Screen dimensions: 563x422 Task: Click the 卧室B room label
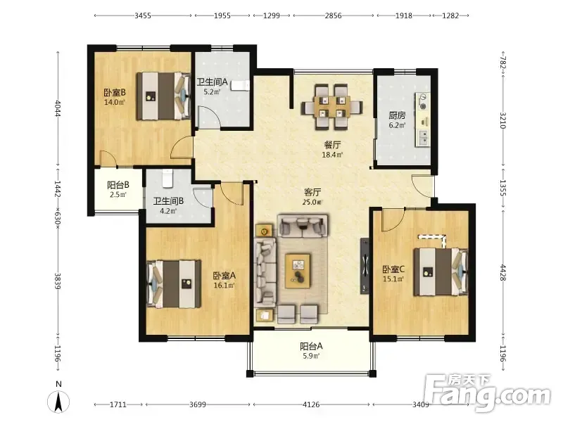pyautogui.click(x=115, y=93)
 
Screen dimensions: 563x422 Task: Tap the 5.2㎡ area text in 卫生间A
pyautogui.click(x=212, y=92)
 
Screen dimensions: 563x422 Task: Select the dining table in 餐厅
pyautogui.click(x=331, y=107)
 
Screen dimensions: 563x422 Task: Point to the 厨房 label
pyautogui.click(x=397, y=115)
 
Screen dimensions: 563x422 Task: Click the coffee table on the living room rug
pyautogui.click(x=298, y=271)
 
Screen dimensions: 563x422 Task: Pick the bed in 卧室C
pyautogui.click(x=441, y=271)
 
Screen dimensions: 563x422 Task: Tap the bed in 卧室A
pyautogui.click(x=174, y=284)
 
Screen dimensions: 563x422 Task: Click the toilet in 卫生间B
pyautogui.click(x=167, y=179)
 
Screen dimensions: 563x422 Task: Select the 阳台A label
pyautogui.click(x=311, y=346)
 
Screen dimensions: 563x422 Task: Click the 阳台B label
pyautogui.click(x=118, y=185)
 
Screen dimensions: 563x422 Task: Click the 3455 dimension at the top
pyautogui.click(x=143, y=15)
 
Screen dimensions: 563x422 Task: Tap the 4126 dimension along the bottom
pyautogui.click(x=311, y=405)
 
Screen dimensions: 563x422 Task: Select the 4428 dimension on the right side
pyautogui.click(x=502, y=273)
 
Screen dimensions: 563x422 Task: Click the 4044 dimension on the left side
pyautogui.click(x=58, y=108)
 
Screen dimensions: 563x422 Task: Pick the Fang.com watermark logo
pyautogui.click(x=487, y=393)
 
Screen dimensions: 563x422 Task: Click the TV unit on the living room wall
pyautogui.click(x=365, y=266)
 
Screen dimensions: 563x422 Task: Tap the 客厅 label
pyautogui.click(x=312, y=192)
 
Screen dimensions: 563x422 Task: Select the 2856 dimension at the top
pyautogui.click(x=333, y=15)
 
